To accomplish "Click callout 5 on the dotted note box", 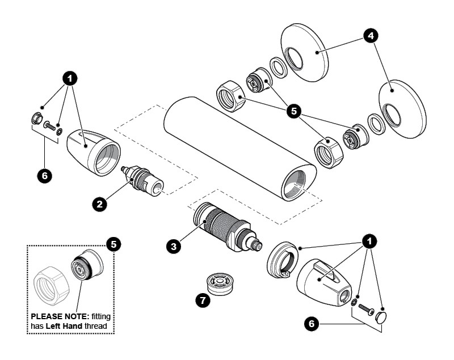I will [x=113, y=244].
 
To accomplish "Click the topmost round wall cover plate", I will [x=304, y=53].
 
